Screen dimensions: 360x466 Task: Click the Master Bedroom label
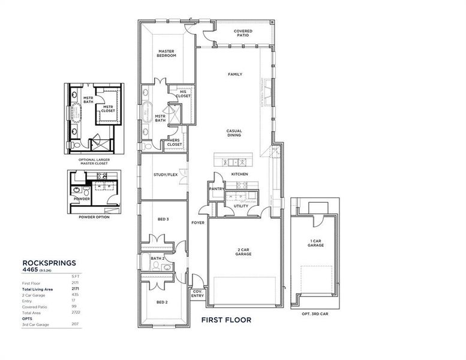point(167,53)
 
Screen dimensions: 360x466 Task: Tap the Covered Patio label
point(243,33)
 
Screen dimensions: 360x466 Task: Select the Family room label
point(234,74)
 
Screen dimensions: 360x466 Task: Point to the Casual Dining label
point(234,133)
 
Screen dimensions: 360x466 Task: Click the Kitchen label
point(239,174)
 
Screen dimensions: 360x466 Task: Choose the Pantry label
point(217,188)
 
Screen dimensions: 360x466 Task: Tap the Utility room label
point(241,206)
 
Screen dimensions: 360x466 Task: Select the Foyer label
point(198,223)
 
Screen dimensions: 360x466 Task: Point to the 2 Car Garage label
point(243,252)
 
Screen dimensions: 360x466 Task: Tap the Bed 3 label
point(163,220)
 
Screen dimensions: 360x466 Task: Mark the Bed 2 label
point(161,302)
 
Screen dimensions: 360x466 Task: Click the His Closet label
point(184,94)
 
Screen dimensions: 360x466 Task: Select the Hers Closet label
point(175,143)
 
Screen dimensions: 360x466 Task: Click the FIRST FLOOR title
point(226,320)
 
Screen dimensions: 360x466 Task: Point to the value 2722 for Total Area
point(76,313)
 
